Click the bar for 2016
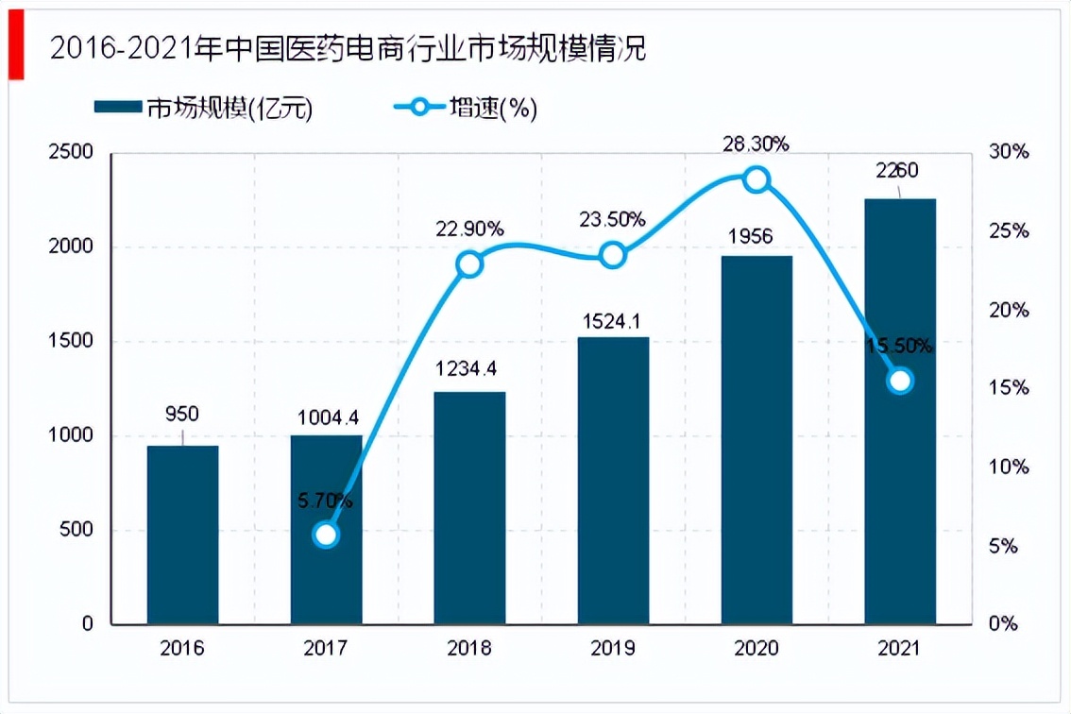[x=182, y=535]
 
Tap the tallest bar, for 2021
[x=900, y=411]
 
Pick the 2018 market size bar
[x=469, y=507]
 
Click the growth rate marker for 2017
[x=326, y=535]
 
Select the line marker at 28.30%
[x=756, y=179]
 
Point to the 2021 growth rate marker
[x=900, y=381]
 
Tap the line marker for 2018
[x=469, y=263]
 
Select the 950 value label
[x=182, y=414]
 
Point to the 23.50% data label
[x=613, y=219]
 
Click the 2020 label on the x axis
[x=756, y=649]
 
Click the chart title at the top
[x=348, y=49]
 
